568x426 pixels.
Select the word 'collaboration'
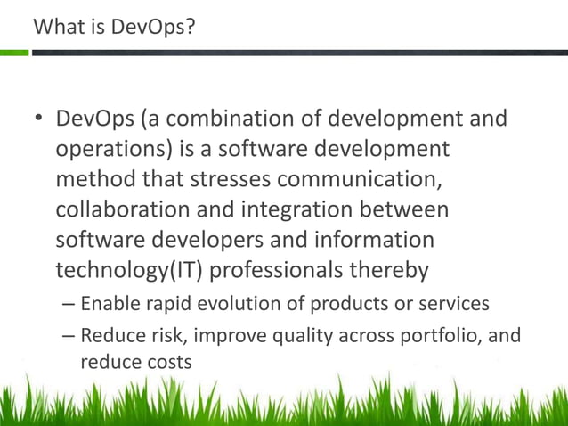[x=120, y=209]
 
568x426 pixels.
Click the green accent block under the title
[x=14, y=53]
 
